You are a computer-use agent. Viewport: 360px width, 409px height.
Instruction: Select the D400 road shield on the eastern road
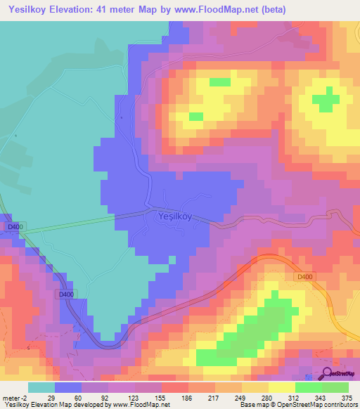[304, 278]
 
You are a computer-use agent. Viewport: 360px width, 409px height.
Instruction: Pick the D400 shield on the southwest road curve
[65, 294]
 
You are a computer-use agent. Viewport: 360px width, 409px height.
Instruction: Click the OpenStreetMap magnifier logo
[327, 373]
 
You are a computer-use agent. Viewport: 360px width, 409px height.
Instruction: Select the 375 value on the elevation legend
[347, 397]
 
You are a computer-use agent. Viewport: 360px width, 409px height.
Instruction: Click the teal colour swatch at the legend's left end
[41, 387]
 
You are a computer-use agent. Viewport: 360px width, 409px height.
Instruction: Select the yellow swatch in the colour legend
[282, 387]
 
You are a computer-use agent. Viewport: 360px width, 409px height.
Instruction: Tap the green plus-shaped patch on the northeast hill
[324, 100]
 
